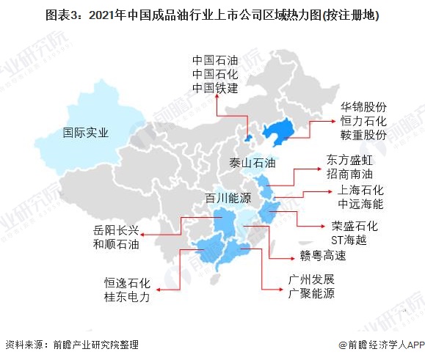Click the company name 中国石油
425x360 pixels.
216,59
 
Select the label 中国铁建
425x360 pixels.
216,89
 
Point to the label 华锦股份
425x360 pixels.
363,107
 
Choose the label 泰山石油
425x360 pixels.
252,162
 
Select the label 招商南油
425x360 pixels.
349,175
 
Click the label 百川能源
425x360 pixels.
229,197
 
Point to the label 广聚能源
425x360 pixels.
311,294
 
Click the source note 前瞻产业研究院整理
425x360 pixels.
76,345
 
